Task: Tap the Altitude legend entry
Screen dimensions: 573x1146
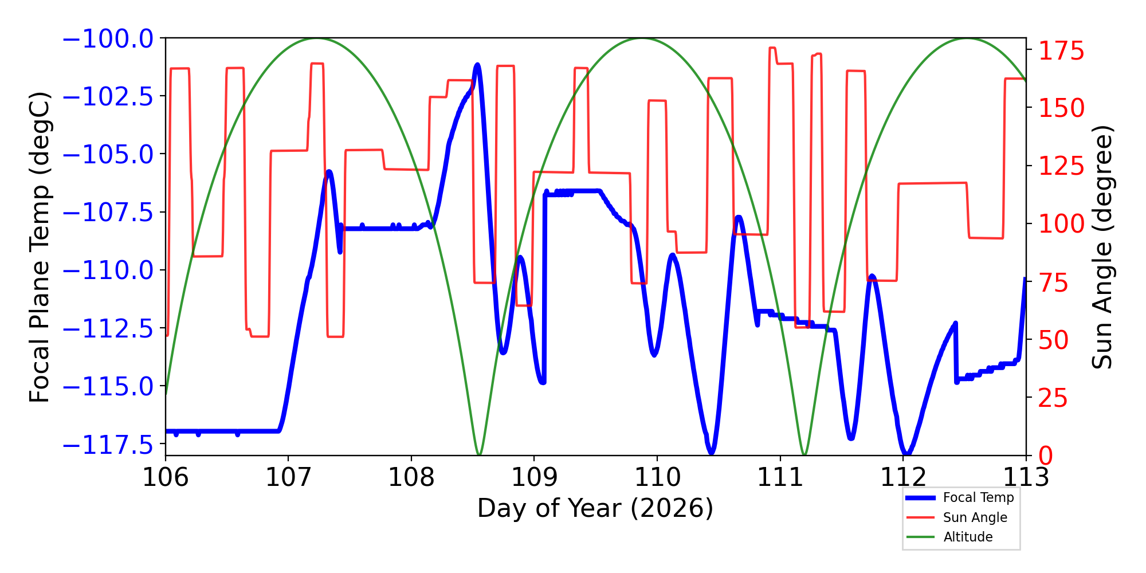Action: [968, 537]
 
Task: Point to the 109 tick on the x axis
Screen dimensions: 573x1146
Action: [534, 476]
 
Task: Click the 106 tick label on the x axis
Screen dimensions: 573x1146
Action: [166, 476]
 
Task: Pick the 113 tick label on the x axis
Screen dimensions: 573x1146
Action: [1026, 476]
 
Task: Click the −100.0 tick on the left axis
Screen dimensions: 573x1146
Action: [108, 39]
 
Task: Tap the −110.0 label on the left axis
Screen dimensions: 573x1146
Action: [108, 270]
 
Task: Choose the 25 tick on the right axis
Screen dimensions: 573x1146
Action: [1053, 398]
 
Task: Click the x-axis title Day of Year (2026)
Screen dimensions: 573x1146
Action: [595, 508]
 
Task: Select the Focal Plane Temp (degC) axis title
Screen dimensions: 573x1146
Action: [40, 247]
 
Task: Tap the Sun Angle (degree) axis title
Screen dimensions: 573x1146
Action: [1101, 247]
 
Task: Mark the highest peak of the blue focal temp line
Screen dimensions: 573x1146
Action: [477, 65]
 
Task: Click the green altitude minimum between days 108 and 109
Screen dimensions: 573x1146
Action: [479, 455]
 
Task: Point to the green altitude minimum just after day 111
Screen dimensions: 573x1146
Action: [804, 455]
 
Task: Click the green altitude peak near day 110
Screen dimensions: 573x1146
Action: [641, 38]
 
